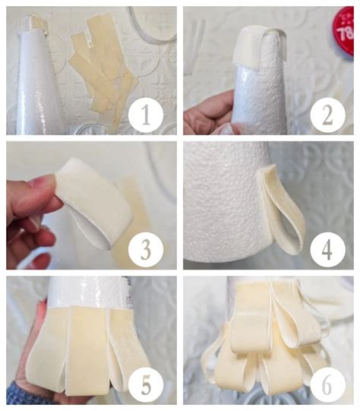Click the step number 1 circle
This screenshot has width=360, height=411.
[146, 115]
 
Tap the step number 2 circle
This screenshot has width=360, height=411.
[327, 115]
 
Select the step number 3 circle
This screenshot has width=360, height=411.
[146, 249]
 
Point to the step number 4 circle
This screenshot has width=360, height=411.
[327, 249]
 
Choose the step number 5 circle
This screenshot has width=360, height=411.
[146, 384]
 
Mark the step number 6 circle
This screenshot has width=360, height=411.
[327, 384]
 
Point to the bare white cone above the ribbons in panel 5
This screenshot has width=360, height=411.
[89, 292]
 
